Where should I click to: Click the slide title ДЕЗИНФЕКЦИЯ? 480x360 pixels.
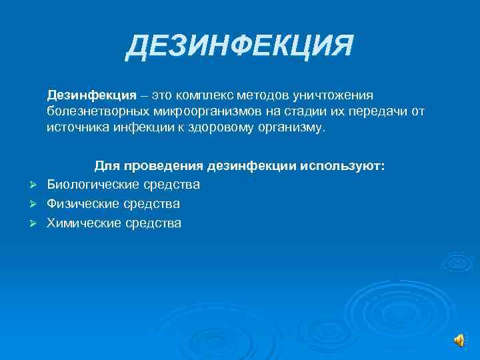point(239,47)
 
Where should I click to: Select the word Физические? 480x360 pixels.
point(80,203)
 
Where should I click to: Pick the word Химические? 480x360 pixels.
point(83,223)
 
